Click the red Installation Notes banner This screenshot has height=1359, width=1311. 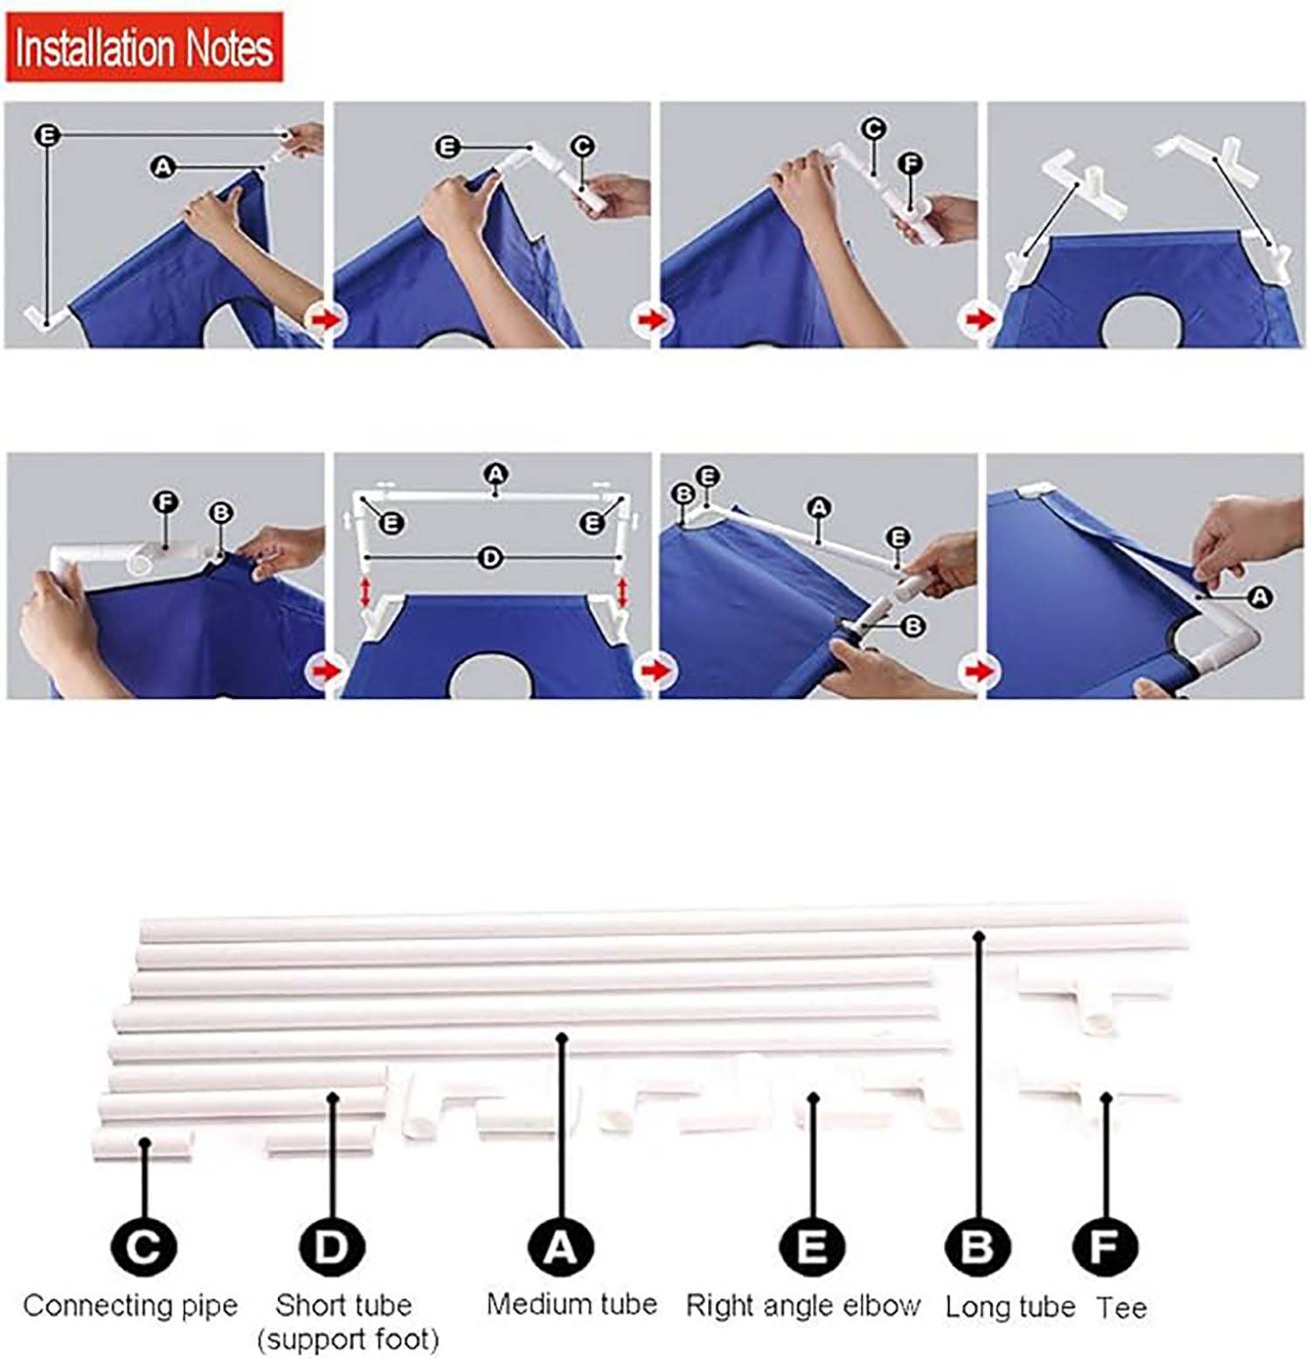(x=145, y=47)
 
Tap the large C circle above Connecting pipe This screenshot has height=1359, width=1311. (x=144, y=1246)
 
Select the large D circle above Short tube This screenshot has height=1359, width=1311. (x=332, y=1246)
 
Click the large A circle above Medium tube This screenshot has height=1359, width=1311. (x=561, y=1246)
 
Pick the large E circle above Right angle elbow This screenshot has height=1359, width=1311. (x=812, y=1246)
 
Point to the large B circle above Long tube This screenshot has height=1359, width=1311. (x=978, y=1246)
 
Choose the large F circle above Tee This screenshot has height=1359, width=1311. (x=1105, y=1246)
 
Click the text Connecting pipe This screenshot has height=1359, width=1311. (x=130, y=1307)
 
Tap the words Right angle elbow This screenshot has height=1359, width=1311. (x=803, y=1307)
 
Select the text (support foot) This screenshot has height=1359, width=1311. (x=348, y=1340)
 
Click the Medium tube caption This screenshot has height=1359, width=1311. (x=572, y=1304)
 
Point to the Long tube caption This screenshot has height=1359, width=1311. (x=1010, y=1307)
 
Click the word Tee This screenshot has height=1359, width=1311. (x=1121, y=1307)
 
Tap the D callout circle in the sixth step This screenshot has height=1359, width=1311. (x=491, y=558)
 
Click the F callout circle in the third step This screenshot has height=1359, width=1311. (x=911, y=163)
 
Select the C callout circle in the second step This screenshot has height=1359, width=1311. (x=582, y=146)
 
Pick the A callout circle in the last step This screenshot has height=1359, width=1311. (x=1259, y=596)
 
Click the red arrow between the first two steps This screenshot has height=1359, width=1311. (x=325, y=320)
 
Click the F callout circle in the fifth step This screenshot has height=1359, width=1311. (x=166, y=503)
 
